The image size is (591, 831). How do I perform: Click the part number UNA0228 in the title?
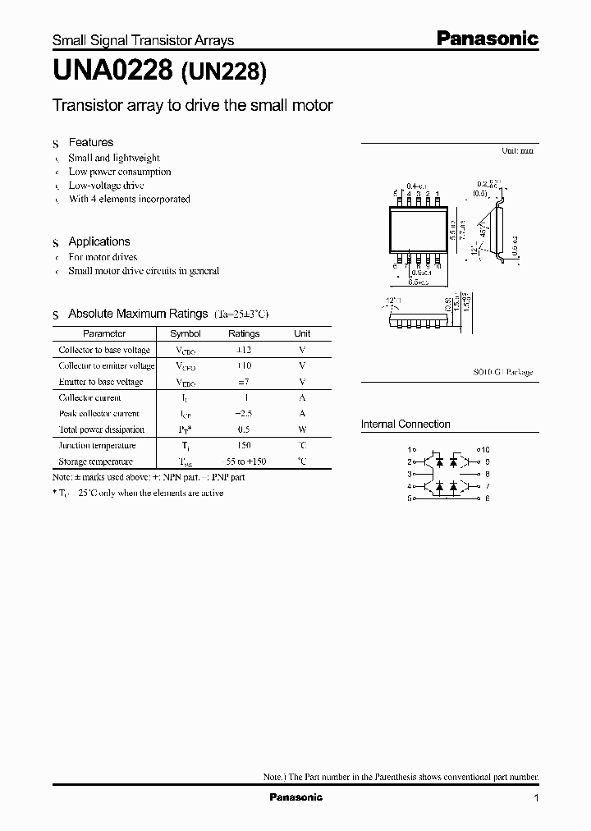pyautogui.click(x=112, y=73)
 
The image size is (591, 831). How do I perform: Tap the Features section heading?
pyautogui.click(x=90, y=142)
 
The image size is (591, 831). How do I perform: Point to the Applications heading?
pyautogui.click(x=98, y=241)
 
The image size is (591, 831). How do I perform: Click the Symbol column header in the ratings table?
pyautogui.click(x=185, y=333)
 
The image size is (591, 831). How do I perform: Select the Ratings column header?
pyautogui.click(x=244, y=333)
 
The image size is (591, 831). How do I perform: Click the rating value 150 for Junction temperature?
pyautogui.click(x=244, y=445)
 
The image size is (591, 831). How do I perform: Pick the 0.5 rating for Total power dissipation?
pyautogui.click(x=244, y=429)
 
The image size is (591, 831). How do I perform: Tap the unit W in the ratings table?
pyautogui.click(x=302, y=429)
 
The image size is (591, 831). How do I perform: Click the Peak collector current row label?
pyautogui.click(x=99, y=414)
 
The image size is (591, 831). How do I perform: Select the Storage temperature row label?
pyautogui.click(x=95, y=461)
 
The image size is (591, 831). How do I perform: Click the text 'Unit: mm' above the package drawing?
pyautogui.click(x=517, y=152)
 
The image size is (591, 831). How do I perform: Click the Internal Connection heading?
pyautogui.click(x=405, y=424)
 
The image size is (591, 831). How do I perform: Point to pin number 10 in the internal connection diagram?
pyautogui.click(x=485, y=450)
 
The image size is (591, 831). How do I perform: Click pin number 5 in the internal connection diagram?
pyautogui.click(x=410, y=498)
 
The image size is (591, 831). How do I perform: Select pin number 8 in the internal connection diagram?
pyautogui.click(x=487, y=474)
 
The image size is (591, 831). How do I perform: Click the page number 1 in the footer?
pyautogui.click(x=536, y=798)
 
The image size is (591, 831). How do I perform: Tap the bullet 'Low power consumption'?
pyautogui.click(x=120, y=172)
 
